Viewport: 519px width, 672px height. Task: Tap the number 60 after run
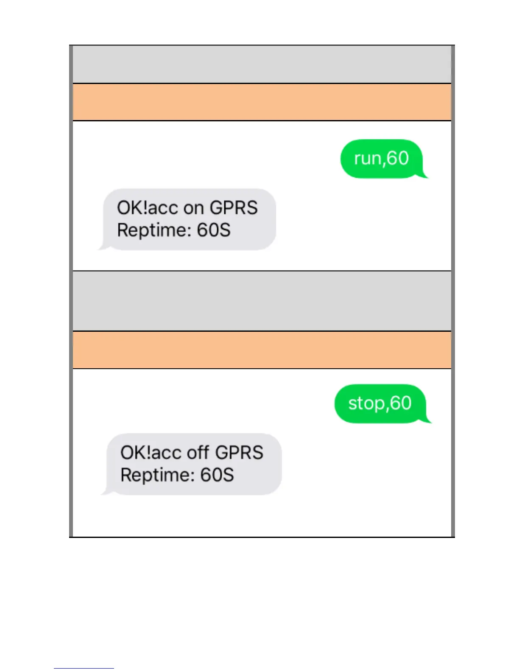(398, 158)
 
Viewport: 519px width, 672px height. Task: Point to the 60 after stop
(401, 403)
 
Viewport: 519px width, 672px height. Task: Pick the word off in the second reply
(199, 453)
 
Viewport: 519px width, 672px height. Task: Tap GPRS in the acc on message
(234, 208)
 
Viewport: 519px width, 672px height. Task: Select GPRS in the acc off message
(239, 453)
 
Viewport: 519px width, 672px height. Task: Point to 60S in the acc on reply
(214, 230)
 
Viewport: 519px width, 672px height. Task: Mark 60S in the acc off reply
(217, 475)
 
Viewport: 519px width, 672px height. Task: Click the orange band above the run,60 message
(262, 102)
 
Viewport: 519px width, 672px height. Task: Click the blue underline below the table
(84, 668)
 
